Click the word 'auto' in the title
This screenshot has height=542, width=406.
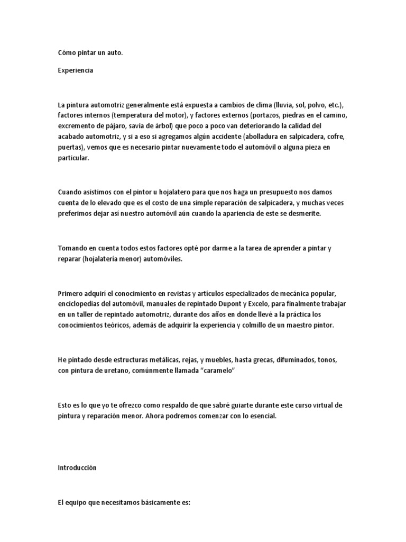tap(114, 53)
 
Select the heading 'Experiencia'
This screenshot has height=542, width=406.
tap(76, 70)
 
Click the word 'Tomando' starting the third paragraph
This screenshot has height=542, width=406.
tap(72, 248)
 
